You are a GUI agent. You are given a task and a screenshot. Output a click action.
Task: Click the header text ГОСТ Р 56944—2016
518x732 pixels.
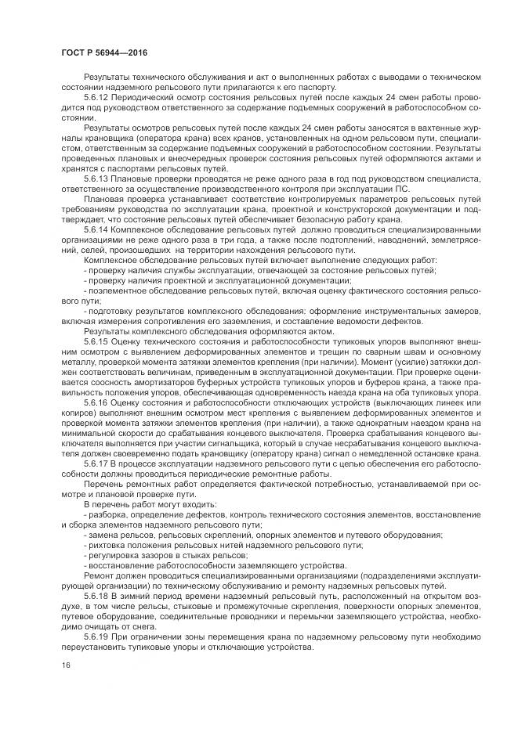point(102,52)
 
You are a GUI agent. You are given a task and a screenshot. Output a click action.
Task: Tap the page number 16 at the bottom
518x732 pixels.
point(65,664)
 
